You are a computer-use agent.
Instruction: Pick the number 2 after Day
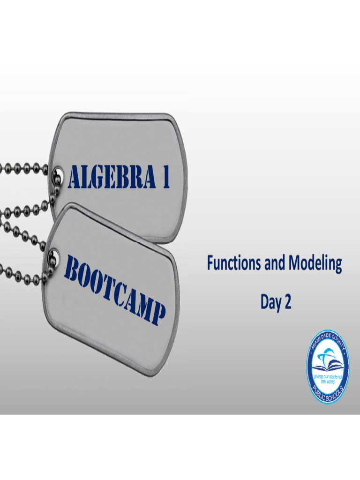coord(287,302)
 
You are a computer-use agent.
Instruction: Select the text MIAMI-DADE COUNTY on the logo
coord(328,341)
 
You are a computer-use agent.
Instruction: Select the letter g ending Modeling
coord(337,267)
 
